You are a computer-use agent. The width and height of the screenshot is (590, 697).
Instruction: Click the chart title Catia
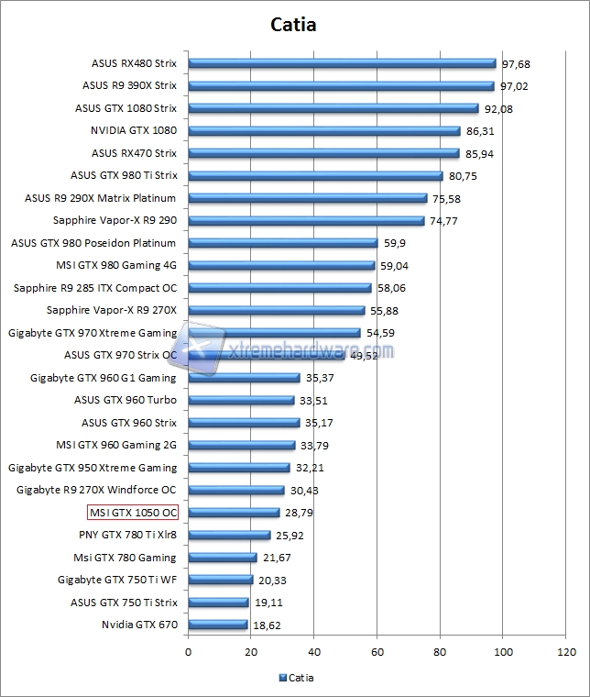pos(294,25)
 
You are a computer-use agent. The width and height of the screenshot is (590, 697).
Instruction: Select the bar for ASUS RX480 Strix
pos(342,63)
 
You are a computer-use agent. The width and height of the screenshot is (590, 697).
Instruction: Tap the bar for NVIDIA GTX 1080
pos(323,130)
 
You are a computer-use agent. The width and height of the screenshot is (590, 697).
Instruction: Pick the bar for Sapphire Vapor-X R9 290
pos(306,220)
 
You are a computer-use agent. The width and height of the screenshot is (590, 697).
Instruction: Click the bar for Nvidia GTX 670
pos(217,625)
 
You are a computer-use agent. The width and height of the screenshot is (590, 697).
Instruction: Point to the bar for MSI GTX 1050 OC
pos(234,512)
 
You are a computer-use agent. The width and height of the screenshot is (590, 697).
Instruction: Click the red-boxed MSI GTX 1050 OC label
pos(132,512)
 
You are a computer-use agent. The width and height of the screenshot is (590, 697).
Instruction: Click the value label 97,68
pos(516,64)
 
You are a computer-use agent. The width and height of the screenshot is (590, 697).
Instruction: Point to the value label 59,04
pos(395,266)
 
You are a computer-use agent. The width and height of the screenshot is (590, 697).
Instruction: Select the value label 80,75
pos(462,176)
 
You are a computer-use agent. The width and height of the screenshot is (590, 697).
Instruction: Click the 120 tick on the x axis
pos(566,652)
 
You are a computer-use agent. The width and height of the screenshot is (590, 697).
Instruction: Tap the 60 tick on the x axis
pos(377,652)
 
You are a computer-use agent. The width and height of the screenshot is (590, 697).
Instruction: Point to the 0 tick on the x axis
pos(188,652)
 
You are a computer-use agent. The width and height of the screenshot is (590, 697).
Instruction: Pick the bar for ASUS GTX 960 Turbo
pos(241,400)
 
